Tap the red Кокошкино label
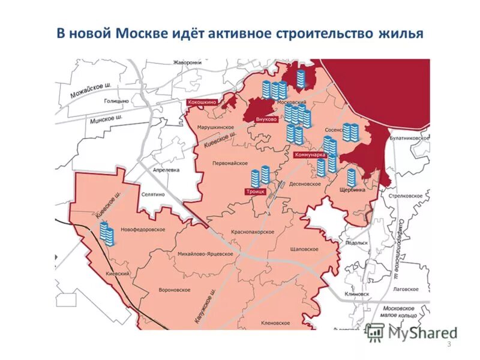pos(202,103)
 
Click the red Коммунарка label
pos(310,155)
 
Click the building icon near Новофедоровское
pos(107,233)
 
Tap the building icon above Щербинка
pos(352,177)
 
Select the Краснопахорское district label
pos(253,232)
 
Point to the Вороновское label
pos(175,289)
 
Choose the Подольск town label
pos(356,243)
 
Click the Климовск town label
pos(357,294)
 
